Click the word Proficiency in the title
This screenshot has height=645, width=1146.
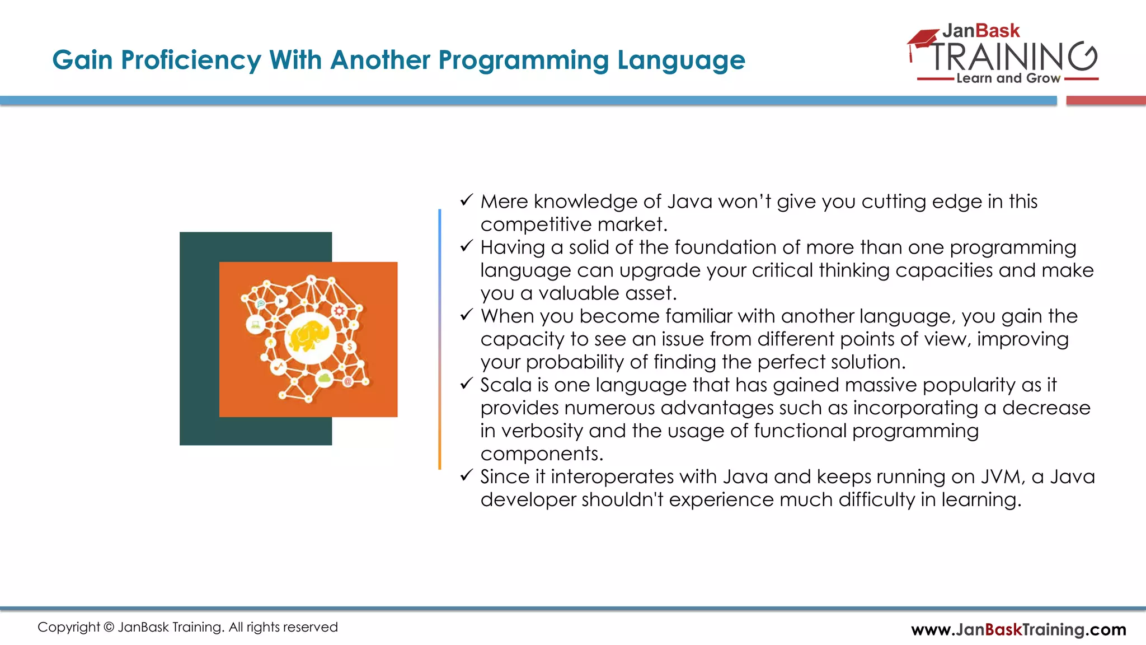[191, 60]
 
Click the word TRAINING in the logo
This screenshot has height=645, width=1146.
[1013, 56]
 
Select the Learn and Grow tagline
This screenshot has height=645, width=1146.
[1008, 78]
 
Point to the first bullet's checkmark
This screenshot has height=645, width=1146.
[467, 200]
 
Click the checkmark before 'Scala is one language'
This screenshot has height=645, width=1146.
[467, 384]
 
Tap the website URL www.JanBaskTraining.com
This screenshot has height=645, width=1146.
[1018, 630]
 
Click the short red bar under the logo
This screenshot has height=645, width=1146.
[1106, 101]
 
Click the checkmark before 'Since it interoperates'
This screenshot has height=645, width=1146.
[467, 476]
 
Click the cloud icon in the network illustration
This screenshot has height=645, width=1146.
[325, 378]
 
